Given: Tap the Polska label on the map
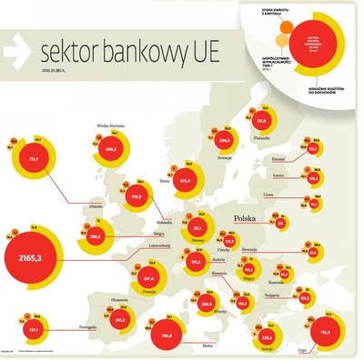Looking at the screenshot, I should [x=247, y=218].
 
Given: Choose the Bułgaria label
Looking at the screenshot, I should [x=272, y=295].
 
